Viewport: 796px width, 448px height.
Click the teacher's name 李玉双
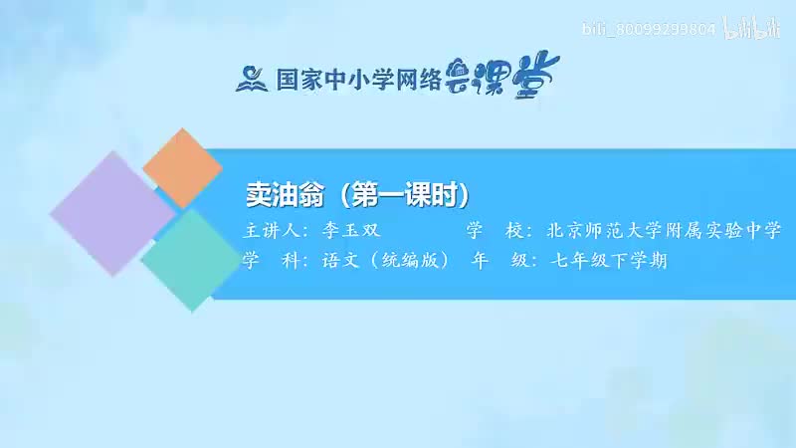[x=345, y=231]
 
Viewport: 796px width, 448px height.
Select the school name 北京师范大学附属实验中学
[x=664, y=231]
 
